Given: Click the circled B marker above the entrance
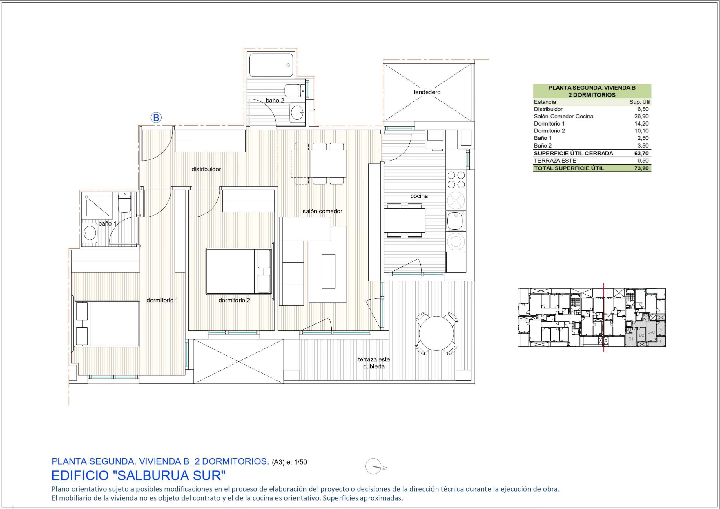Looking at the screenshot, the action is pyautogui.click(x=156, y=118).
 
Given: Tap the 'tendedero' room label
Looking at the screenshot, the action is pyautogui.click(x=427, y=92).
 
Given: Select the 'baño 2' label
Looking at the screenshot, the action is pyautogui.click(x=275, y=101).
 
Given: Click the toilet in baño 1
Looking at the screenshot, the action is pyautogui.click(x=124, y=202).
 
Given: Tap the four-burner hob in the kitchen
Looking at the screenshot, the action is pyautogui.click(x=456, y=180).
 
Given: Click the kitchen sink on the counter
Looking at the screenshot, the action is pyautogui.click(x=456, y=221).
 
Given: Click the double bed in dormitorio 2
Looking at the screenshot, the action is pyautogui.click(x=239, y=271).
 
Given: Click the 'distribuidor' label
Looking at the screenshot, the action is pyautogui.click(x=206, y=169).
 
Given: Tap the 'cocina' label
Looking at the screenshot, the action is pyautogui.click(x=419, y=196).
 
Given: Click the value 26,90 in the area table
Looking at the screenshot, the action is pyautogui.click(x=641, y=116).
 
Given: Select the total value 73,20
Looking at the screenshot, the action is pyautogui.click(x=641, y=168).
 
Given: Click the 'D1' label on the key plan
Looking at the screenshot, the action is pyautogui.click(x=631, y=339).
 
